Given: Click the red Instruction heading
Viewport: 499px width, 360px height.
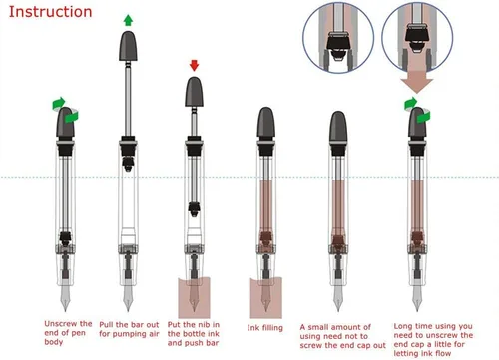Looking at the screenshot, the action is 50,12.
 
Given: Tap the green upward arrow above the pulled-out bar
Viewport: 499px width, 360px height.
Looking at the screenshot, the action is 128,20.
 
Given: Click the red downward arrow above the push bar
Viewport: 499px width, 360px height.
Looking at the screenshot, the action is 194,66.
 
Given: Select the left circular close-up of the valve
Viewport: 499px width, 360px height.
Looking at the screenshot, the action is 338,37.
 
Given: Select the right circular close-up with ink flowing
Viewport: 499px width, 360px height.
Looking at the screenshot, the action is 417,37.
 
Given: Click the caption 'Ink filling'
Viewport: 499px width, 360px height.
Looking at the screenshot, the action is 265,328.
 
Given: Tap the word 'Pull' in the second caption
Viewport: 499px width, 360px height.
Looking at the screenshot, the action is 107,325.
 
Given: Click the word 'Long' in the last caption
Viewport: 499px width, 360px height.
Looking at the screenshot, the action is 403,327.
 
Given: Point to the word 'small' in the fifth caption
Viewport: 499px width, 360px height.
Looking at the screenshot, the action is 321,327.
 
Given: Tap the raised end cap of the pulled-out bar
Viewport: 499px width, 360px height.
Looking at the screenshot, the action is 128,46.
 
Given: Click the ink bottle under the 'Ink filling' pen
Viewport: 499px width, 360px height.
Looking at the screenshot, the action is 266,298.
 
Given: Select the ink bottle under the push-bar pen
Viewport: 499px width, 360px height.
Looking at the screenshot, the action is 194,298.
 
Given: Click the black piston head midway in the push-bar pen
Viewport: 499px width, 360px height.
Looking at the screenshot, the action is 194,208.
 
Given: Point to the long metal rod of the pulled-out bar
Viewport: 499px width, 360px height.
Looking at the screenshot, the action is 128,99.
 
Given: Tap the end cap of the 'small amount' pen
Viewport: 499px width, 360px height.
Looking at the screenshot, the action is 338,127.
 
